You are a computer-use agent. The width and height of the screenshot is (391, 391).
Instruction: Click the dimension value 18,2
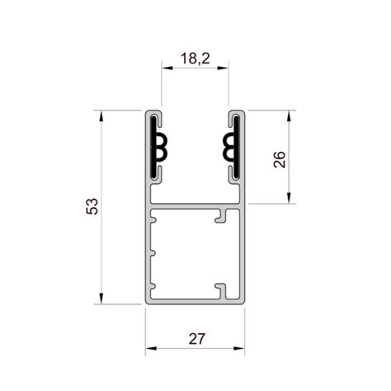(195, 59)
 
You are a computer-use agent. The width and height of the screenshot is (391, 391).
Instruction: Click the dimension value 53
(92, 206)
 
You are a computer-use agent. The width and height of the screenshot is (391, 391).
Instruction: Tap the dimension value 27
(195, 338)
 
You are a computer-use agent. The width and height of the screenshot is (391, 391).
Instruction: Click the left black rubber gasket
(156, 147)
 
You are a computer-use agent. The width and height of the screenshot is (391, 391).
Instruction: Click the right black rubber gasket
(233, 147)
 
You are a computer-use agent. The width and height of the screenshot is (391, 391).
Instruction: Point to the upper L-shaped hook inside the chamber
(221, 218)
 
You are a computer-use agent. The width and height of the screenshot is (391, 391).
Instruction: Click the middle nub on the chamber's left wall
(152, 252)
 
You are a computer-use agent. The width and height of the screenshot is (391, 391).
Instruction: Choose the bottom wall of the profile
(195, 301)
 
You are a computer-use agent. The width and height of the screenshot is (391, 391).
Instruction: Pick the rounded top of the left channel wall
(153, 111)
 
